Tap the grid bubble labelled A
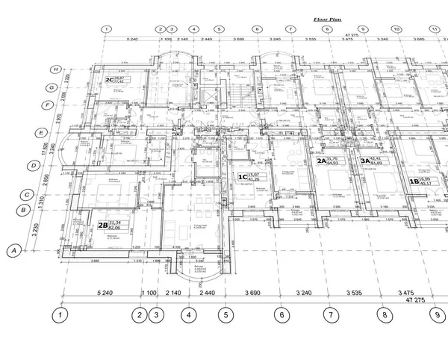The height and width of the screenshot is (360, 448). (13, 251)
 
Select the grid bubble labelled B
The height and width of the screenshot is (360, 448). (25, 211)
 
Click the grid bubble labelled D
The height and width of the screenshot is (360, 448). (33, 165)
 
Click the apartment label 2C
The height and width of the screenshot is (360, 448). (109, 80)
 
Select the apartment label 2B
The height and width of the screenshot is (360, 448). (102, 224)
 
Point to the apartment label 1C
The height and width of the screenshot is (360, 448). (242, 178)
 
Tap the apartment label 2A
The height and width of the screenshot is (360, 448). (322, 161)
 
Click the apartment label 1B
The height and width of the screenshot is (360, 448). (413, 181)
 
